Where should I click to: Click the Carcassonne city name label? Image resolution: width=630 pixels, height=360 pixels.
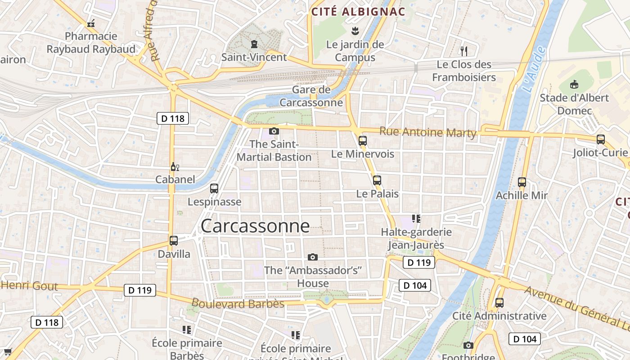[255, 226]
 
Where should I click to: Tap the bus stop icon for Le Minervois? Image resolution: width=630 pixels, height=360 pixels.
[363, 140]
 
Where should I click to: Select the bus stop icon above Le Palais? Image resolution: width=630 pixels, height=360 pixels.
[377, 180]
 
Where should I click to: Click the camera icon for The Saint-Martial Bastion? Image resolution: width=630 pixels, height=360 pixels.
[274, 131]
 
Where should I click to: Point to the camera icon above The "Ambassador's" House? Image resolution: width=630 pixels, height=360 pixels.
[313, 257]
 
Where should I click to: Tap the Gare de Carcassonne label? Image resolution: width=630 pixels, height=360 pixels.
[311, 96]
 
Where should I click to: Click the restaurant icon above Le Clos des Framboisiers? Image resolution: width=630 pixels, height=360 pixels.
[464, 51]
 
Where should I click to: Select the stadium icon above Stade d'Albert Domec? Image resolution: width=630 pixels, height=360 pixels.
[574, 84]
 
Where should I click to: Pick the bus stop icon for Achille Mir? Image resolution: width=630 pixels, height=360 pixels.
[522, 182]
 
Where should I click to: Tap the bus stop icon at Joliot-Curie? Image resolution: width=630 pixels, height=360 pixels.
[601, 139]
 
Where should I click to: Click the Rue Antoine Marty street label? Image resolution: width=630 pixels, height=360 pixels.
[427, 132]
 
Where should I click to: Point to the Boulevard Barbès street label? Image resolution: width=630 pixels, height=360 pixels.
[238, 304]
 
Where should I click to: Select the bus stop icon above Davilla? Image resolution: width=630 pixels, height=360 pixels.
[174, 241]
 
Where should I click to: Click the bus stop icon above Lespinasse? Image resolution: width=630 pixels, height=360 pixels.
[214, 189]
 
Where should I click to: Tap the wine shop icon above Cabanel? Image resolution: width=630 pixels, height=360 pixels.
[175, 167]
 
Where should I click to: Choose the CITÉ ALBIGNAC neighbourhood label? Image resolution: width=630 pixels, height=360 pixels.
[359, 12]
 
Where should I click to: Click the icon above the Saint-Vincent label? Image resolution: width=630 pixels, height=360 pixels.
[254, 44]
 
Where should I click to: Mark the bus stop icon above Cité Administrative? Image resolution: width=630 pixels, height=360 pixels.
[499, 303]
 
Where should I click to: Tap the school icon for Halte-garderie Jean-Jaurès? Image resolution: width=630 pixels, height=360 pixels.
[416, 219]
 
